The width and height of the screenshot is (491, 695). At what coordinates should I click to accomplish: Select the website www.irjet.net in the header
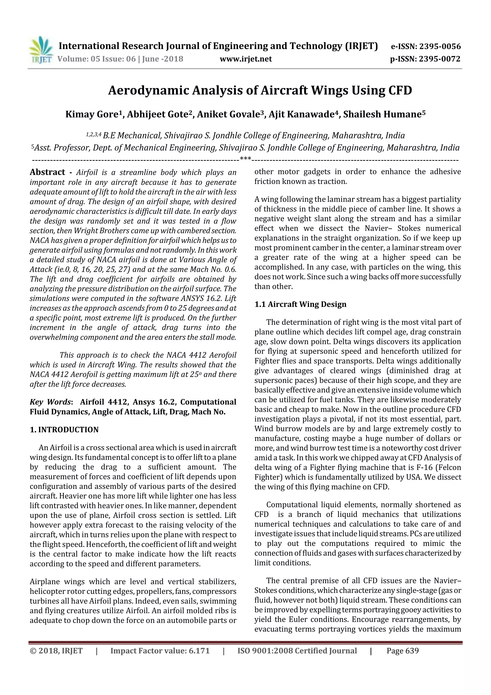246,59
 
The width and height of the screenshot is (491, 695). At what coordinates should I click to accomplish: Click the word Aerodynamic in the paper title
149,90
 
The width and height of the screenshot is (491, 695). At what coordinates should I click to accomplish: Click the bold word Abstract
47,172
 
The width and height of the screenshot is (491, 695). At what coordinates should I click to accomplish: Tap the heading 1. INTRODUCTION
64,430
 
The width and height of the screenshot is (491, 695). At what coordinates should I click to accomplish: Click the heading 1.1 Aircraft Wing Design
300,304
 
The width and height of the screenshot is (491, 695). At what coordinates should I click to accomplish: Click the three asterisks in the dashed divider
245,159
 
